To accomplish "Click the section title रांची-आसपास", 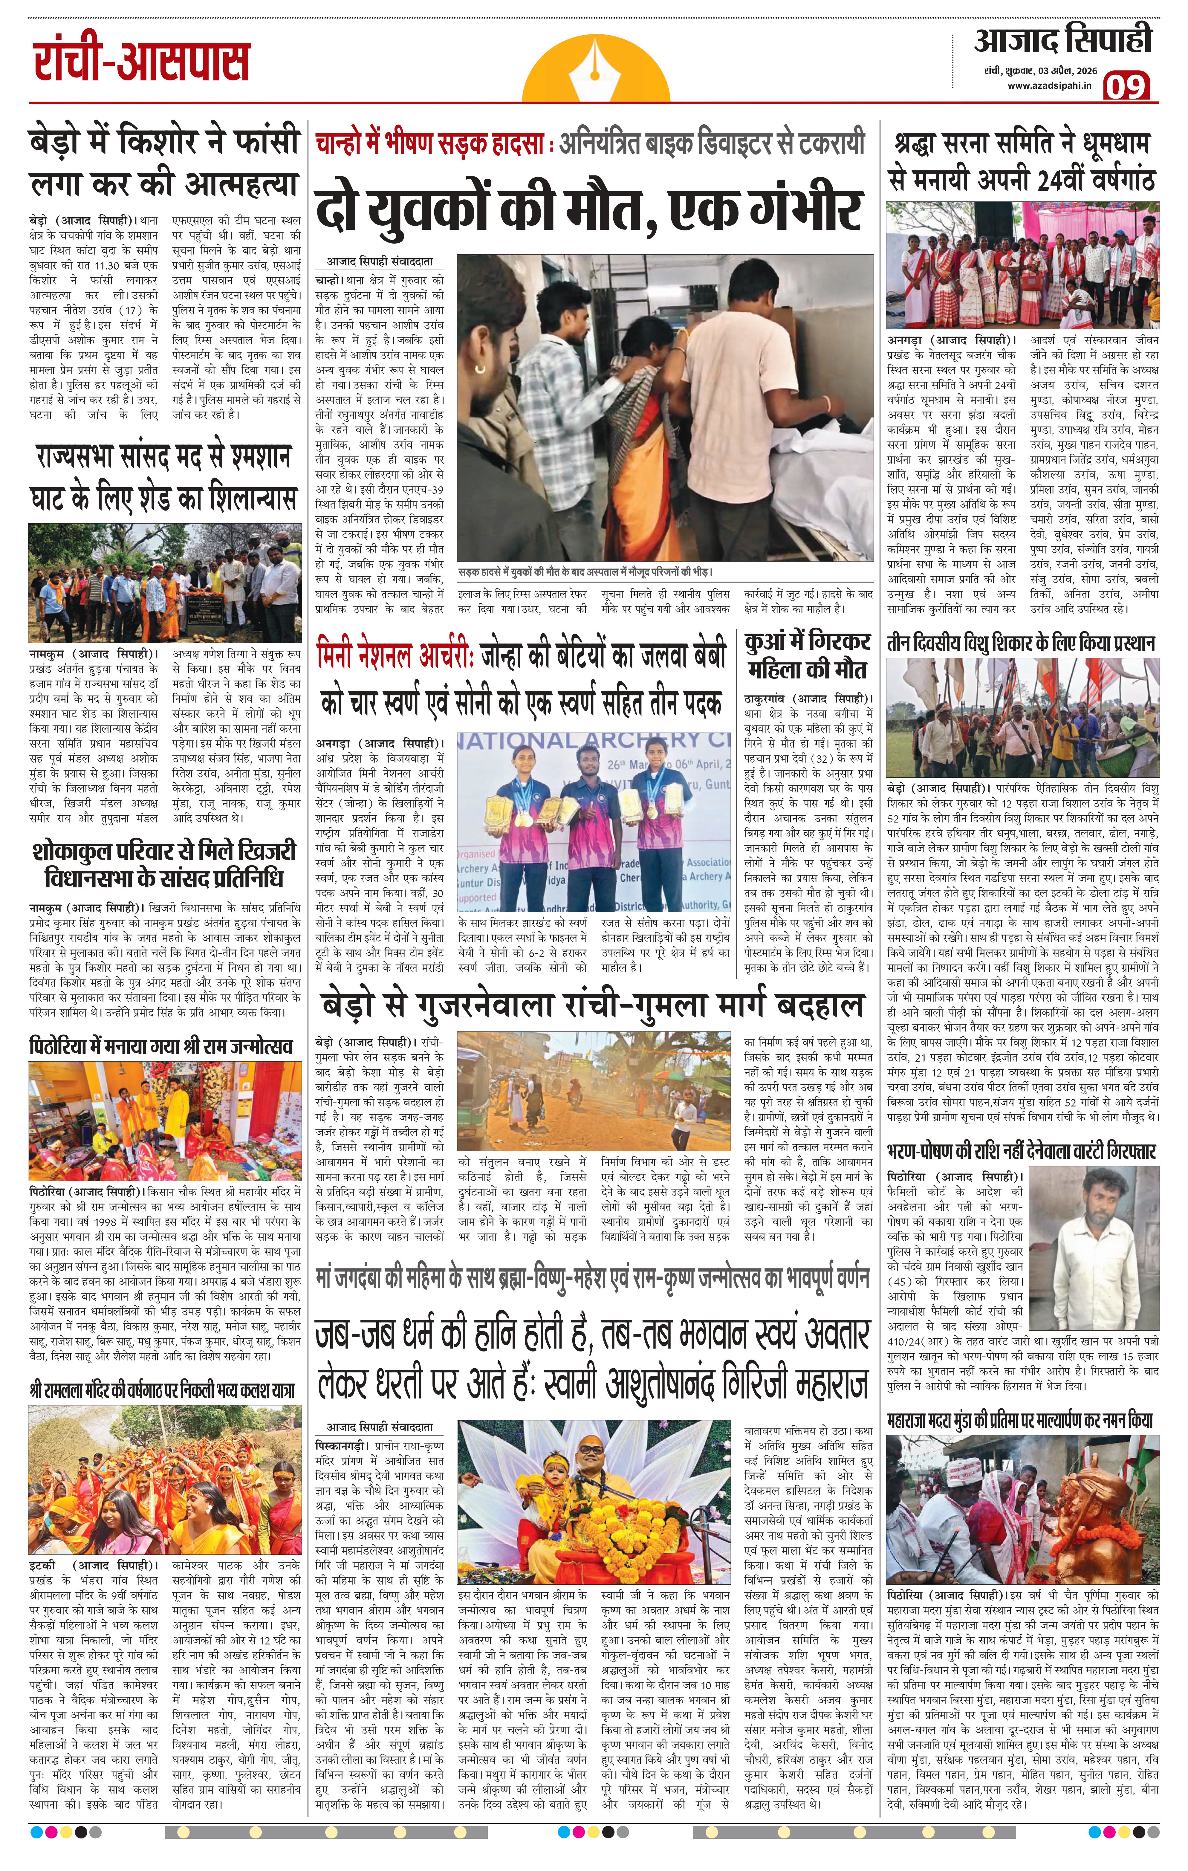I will (141, 62).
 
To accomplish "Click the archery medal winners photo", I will (594, 822).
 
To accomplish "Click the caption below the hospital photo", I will (584, 571).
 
